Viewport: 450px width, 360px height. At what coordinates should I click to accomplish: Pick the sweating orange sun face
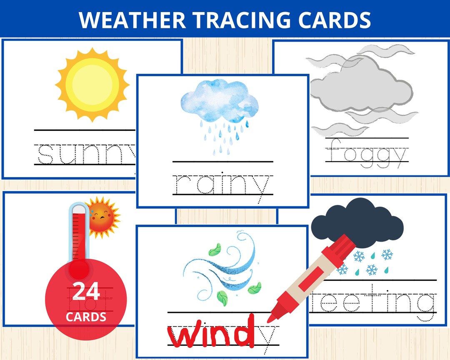[x=101, y=217]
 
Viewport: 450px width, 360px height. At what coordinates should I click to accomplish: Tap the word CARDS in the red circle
[x=86, y=317]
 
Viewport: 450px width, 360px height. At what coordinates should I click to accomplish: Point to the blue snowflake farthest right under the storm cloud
[x=387, y=254]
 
